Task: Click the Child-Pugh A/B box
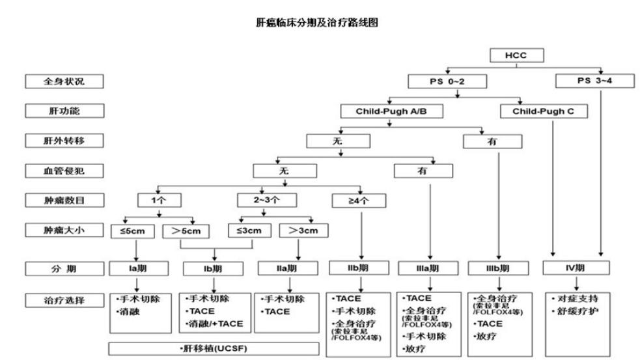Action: pyautogui.click(x=391, y=111)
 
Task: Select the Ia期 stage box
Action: pyautogui.click(x=137, y=268)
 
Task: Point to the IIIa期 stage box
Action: pyautogui.click(x=429, y=268)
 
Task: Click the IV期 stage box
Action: pyautogui.click(x=577, y=268)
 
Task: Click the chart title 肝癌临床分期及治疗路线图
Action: pyautogui.click(x=318, y=23)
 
